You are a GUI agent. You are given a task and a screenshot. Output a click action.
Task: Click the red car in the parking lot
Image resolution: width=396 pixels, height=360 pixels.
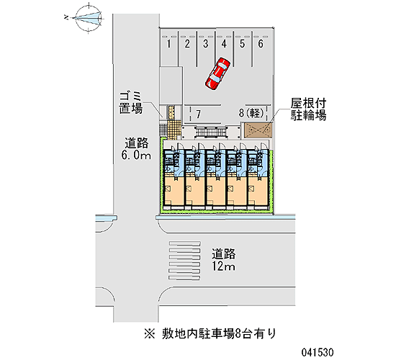click(217, 73)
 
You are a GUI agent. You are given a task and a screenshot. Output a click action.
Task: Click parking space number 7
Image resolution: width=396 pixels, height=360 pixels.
click(199, 114)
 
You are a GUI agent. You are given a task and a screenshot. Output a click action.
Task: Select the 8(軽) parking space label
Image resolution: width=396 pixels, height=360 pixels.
click(251, 113)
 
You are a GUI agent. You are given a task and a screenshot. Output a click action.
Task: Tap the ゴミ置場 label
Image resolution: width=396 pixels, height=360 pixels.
click(131, 102)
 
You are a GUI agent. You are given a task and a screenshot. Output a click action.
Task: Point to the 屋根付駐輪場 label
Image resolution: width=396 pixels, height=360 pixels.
click(308, 109)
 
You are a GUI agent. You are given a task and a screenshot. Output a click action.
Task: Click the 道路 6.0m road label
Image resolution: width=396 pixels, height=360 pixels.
click(136, 149)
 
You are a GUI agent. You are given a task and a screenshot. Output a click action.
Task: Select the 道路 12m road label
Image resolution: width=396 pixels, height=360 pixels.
click(223, 260)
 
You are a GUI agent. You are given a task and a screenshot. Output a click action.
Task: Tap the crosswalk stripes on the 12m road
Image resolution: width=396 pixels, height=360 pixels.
click(185, 261)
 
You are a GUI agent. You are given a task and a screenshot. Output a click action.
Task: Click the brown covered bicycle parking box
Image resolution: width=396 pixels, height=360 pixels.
click(257, 130)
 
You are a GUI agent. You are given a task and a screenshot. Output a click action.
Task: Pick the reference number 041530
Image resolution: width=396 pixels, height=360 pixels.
click(318, 352)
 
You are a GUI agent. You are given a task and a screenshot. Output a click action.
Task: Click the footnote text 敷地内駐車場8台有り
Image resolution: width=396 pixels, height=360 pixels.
click(219, 333)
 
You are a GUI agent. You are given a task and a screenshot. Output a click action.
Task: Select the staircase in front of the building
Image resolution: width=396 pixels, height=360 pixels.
click(211, 132)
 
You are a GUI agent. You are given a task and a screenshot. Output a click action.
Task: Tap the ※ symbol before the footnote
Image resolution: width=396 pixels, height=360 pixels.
click(149, 334)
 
